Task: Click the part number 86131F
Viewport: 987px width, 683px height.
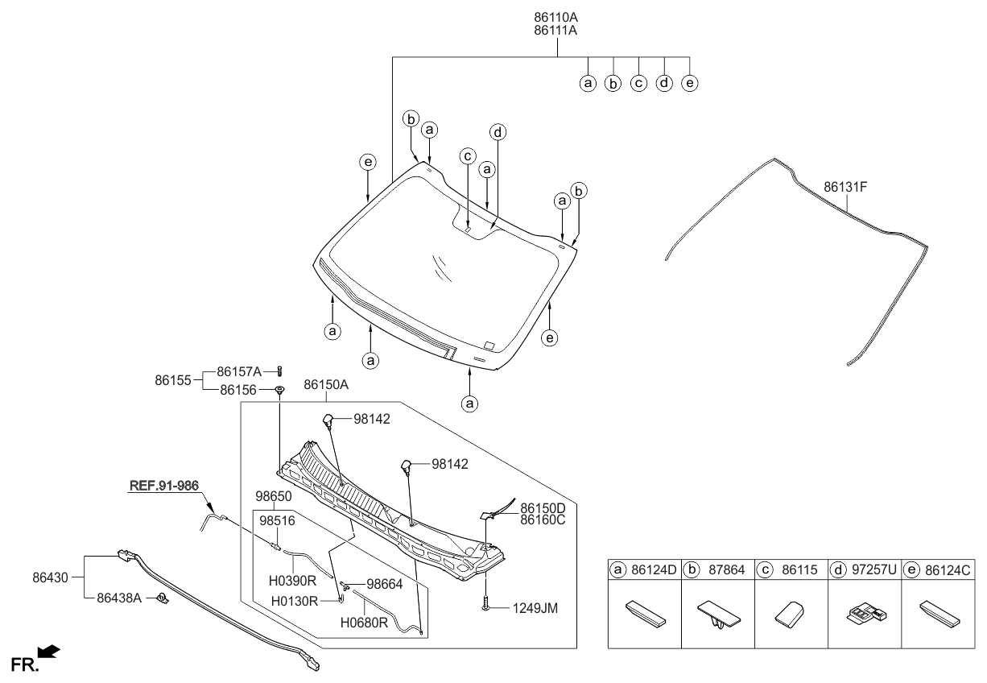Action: click(x=845, y=187)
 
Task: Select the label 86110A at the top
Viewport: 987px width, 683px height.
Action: click(x=555, y=16)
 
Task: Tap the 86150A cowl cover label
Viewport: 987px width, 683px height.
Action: click(x=325, y=386)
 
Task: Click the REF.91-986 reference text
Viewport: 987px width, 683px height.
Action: click(x=163, y=486)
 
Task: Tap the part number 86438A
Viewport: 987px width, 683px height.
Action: click(x=119, y=598)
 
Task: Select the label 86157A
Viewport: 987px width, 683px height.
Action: click(x=239, y=372)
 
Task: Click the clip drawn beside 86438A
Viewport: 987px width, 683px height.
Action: click(x=162, y=598)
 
